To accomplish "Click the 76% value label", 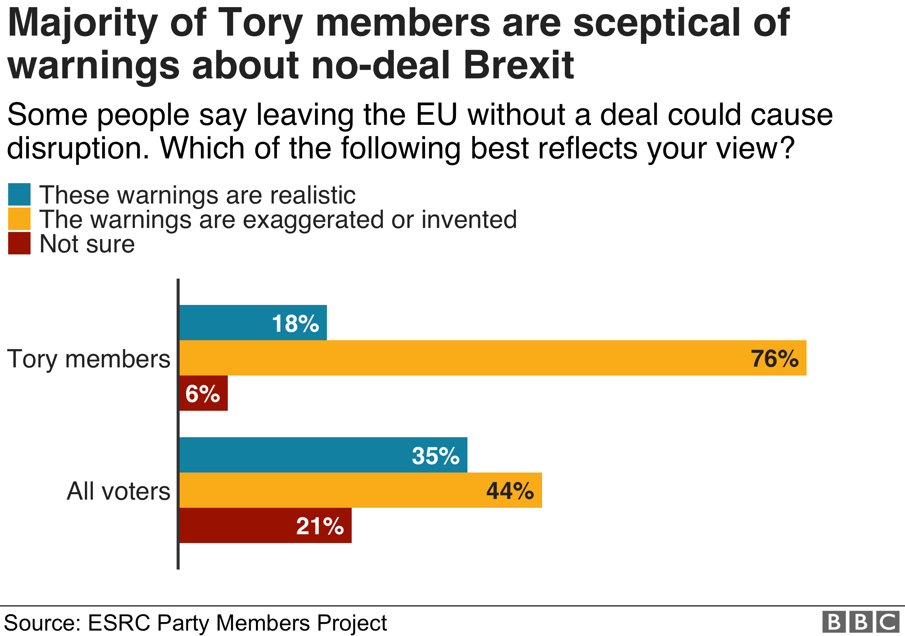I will coord(774,359).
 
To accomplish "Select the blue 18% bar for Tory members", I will coord(252,323).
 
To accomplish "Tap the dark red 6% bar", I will coord(203,393).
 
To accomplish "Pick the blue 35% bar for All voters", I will coord(323,455).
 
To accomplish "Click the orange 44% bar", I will coord(361,490).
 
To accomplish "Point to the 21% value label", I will coord(320,526).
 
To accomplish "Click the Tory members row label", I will coord(89,359).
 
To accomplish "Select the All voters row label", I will coord(118,492).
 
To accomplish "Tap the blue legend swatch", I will coord(19,195).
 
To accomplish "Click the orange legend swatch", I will coord(19,219).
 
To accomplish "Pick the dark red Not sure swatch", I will coord(19,243).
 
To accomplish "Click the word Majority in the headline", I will coord(82,24).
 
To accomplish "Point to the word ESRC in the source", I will coord(119,623).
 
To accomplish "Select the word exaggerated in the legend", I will coord(313,220).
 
